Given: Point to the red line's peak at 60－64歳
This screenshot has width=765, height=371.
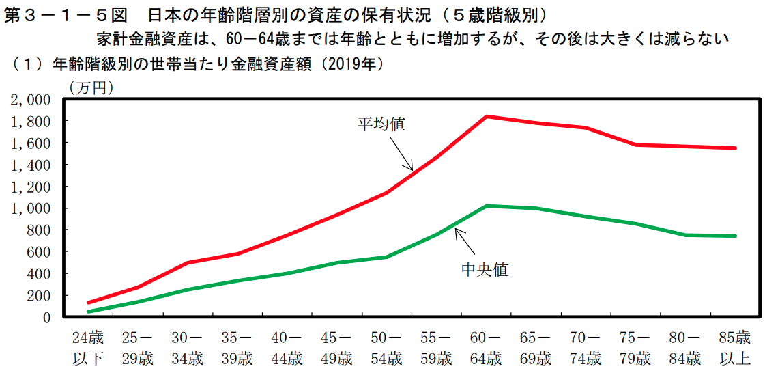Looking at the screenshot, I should pos(486,116).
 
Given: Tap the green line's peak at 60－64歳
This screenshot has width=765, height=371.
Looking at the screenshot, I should pos(486,206).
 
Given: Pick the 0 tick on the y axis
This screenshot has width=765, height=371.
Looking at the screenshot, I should pos(46,317).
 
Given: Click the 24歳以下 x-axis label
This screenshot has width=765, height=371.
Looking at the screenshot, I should pos(89,347).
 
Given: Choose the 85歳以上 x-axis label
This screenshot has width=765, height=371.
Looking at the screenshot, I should pos(734,347).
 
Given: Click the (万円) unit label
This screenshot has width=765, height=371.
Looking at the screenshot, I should pos(91,87).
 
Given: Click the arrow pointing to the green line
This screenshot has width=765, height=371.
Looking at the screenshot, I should pos(465,241).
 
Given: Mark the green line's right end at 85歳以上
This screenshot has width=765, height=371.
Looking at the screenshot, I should pos(735,236).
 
